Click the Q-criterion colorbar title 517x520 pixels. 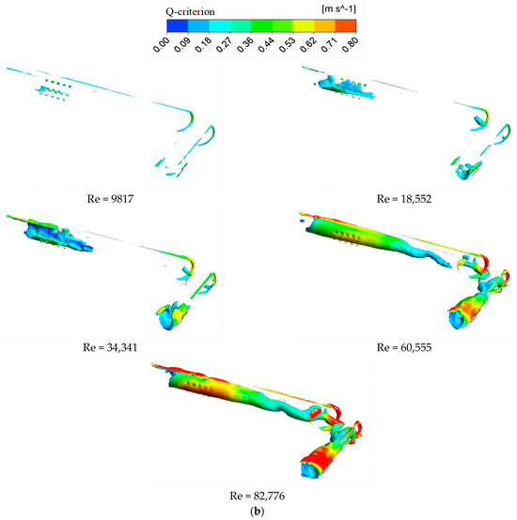(x=190, y=12)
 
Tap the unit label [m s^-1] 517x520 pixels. (x=338, y=9)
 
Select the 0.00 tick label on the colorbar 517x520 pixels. (x=162, y=45)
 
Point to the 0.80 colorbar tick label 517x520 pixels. (x=351, y=45)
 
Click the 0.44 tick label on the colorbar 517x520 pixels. (x=266, y=45)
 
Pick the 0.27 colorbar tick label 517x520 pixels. (x=224, y=45)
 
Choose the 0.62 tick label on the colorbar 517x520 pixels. (x=308, y=45)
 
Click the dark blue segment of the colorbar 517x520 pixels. (x=178, y=25)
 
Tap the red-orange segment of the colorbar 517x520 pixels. (x=346, y=25)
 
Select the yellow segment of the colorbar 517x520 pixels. (x=304, y=25)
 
